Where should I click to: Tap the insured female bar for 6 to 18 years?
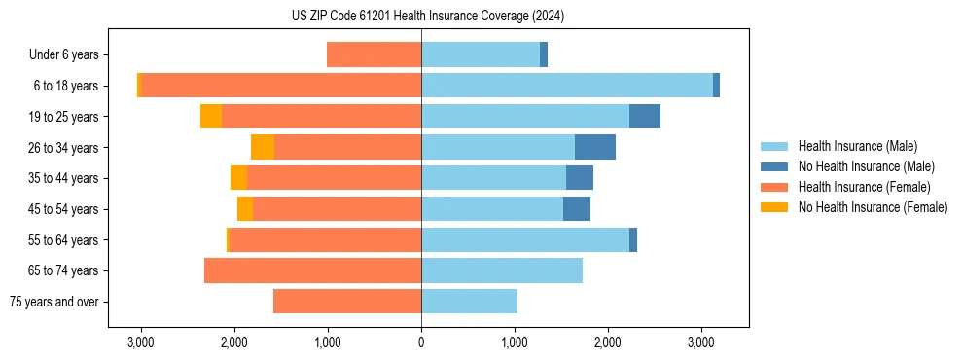coord(281,86)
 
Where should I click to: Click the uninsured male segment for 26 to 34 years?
coord(595,147)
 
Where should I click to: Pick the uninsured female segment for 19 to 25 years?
coord(211,117)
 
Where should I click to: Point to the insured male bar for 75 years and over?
coord(469,302)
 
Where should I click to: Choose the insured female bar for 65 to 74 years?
coord(312,270)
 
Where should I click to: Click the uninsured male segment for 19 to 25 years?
coord(645,117)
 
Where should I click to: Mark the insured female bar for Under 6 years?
coord(374,54)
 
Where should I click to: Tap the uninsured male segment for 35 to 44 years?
coord(580,178)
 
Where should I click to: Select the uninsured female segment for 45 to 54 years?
coord(245,209)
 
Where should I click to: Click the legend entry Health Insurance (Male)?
coord(857,146)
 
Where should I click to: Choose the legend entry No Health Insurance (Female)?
coord(873,207)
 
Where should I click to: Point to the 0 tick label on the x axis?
coord(421,342)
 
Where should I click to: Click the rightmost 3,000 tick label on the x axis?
coord(701,342)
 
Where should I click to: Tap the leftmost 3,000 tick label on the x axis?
coord(141,342)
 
